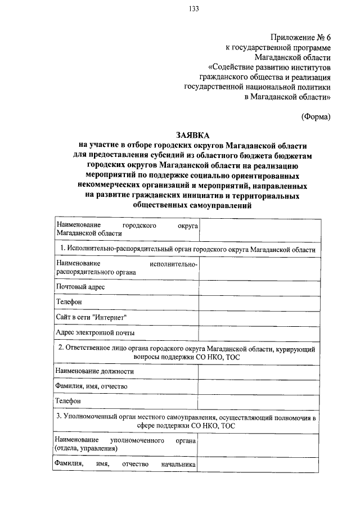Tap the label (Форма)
(x=315, y=116)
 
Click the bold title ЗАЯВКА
(x=192, y=136)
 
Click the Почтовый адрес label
(x=80, y=287)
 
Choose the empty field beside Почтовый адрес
(x=258, y=287)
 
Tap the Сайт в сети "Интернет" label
(x=91, y=318)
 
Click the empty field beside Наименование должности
(x=258, y=372)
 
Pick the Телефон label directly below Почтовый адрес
(x=69, y=302)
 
